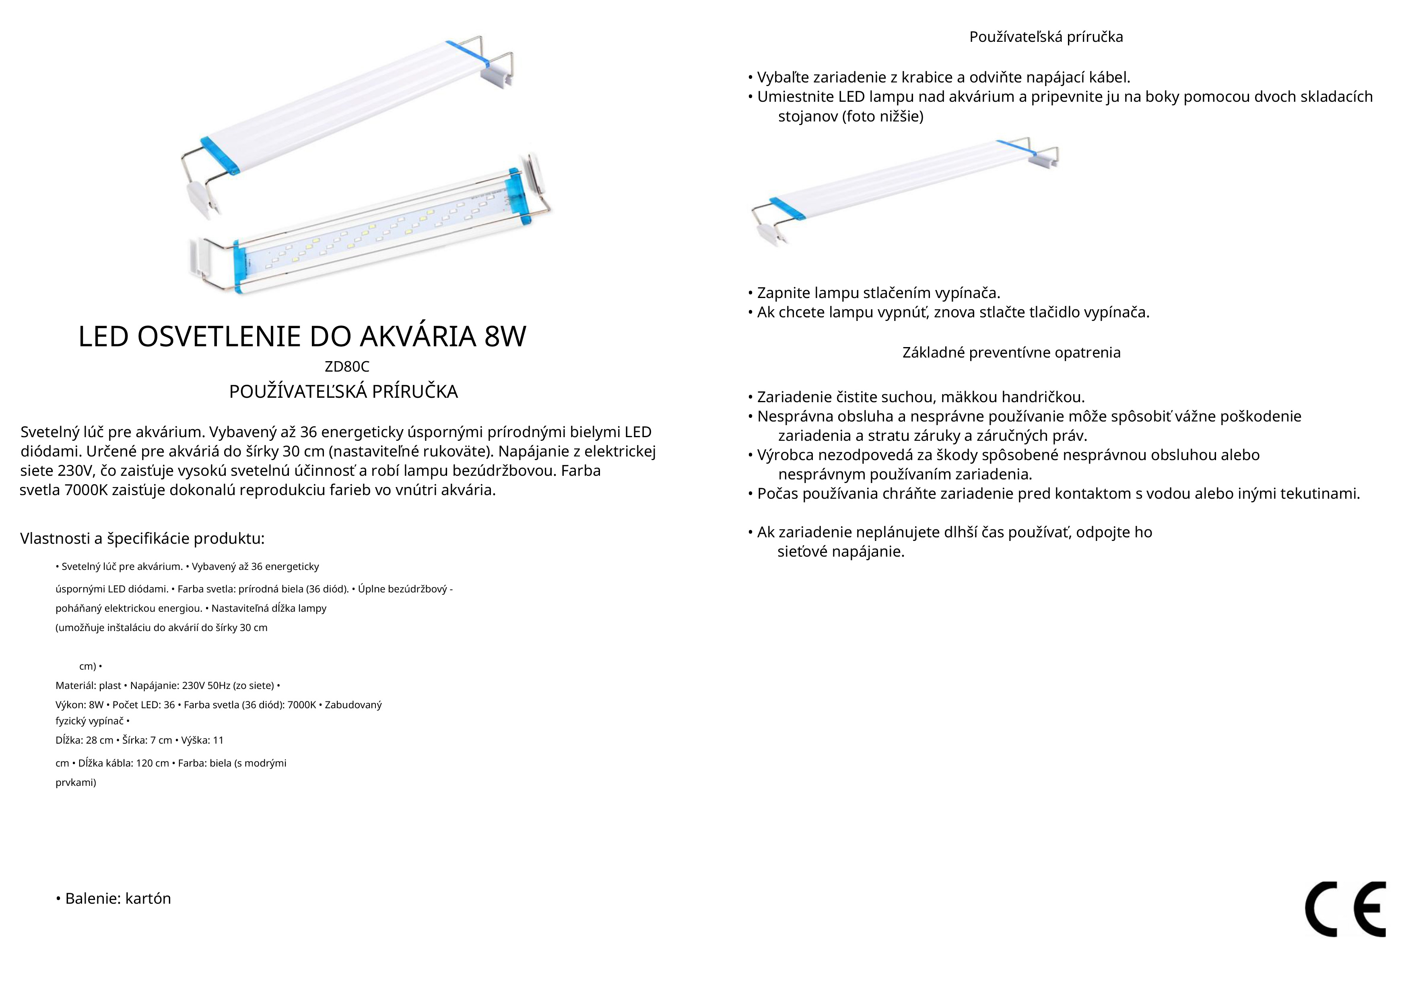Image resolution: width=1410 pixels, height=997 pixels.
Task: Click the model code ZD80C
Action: (x=347, y=367)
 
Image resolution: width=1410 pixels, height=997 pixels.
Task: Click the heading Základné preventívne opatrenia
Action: (x=1011, y=353)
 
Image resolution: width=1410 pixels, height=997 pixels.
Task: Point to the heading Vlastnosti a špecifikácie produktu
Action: (x=142, y=539)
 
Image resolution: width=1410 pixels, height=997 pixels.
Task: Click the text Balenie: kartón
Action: (x=113, y=899)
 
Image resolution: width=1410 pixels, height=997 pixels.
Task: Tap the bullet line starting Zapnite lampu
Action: (x=874, y=293)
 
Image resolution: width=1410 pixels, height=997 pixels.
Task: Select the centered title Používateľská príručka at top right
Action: (x=1046, y=37)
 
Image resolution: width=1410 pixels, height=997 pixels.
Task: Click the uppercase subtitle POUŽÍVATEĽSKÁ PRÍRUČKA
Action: (x=343, y=392)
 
